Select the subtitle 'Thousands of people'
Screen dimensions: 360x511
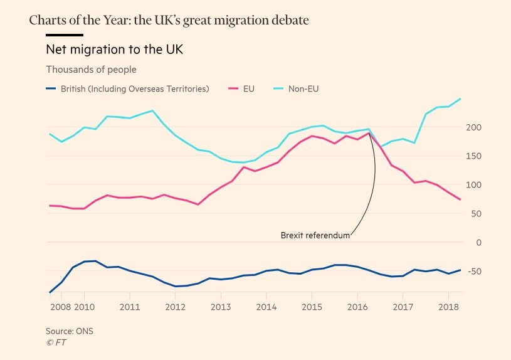91,70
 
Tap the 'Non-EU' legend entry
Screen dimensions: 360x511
303,89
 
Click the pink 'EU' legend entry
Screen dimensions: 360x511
248,89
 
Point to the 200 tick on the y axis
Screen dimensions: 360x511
474,127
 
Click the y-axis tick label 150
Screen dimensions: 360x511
474,156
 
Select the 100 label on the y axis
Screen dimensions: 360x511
474,185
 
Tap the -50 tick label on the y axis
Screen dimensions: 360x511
474,271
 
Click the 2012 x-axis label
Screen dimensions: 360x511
175,307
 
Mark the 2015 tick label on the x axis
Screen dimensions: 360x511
312,307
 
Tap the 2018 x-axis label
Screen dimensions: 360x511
448,307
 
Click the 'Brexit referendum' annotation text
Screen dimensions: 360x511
315,236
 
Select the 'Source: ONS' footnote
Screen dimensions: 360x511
69,331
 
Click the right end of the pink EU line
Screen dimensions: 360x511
461,199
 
